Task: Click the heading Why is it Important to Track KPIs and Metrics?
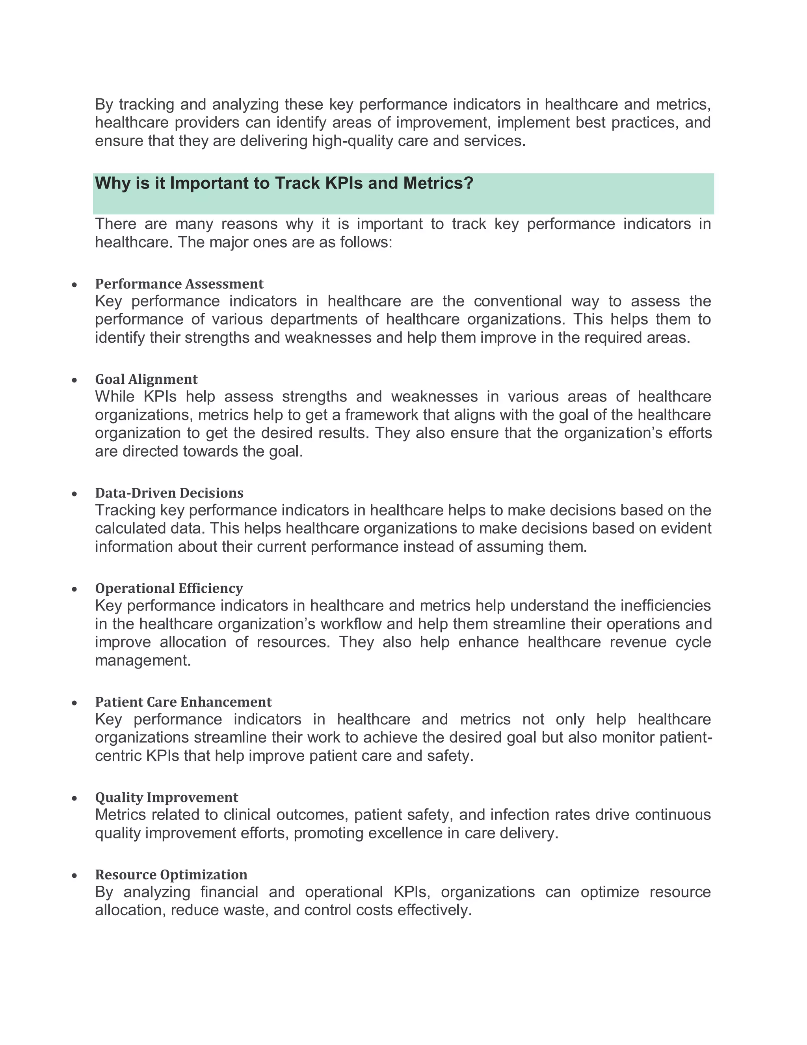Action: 284,183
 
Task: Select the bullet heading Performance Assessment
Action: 179,284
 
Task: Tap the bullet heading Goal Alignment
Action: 146,379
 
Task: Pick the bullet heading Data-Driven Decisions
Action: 169,493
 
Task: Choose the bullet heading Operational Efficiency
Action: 169,588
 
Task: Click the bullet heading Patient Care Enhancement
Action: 183,702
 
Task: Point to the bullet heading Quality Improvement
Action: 166,797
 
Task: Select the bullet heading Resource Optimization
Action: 171,875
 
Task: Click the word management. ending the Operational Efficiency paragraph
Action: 143,661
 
